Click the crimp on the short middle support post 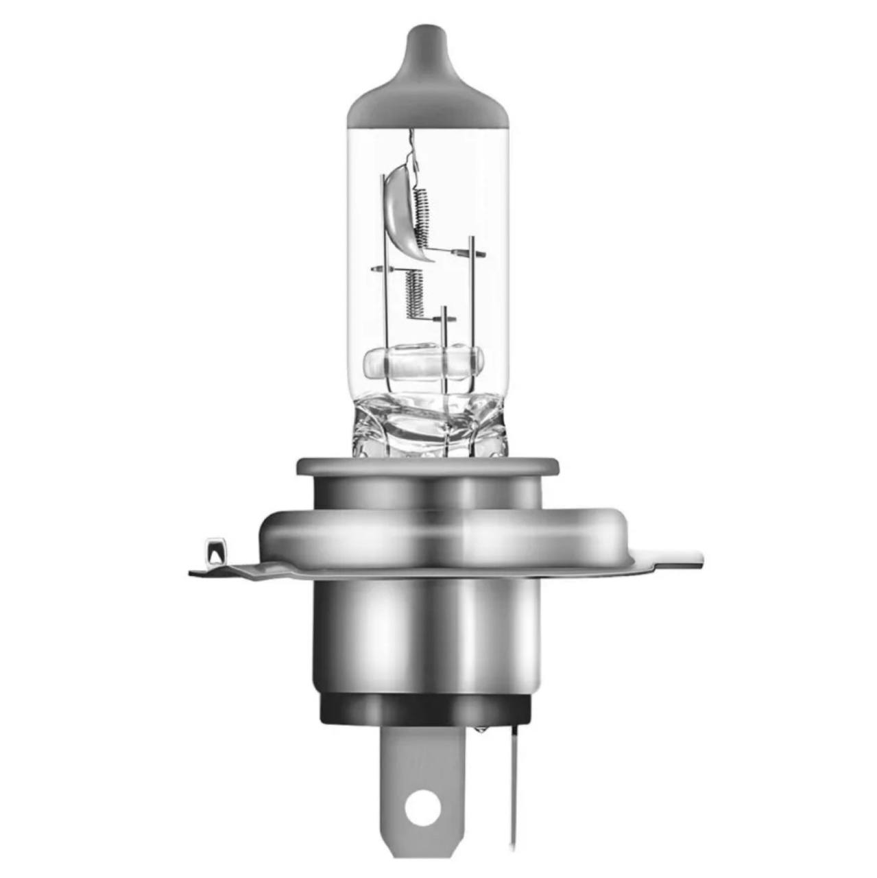coord(445,319)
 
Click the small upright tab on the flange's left coord(215,549)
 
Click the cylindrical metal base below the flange coord(425,631)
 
